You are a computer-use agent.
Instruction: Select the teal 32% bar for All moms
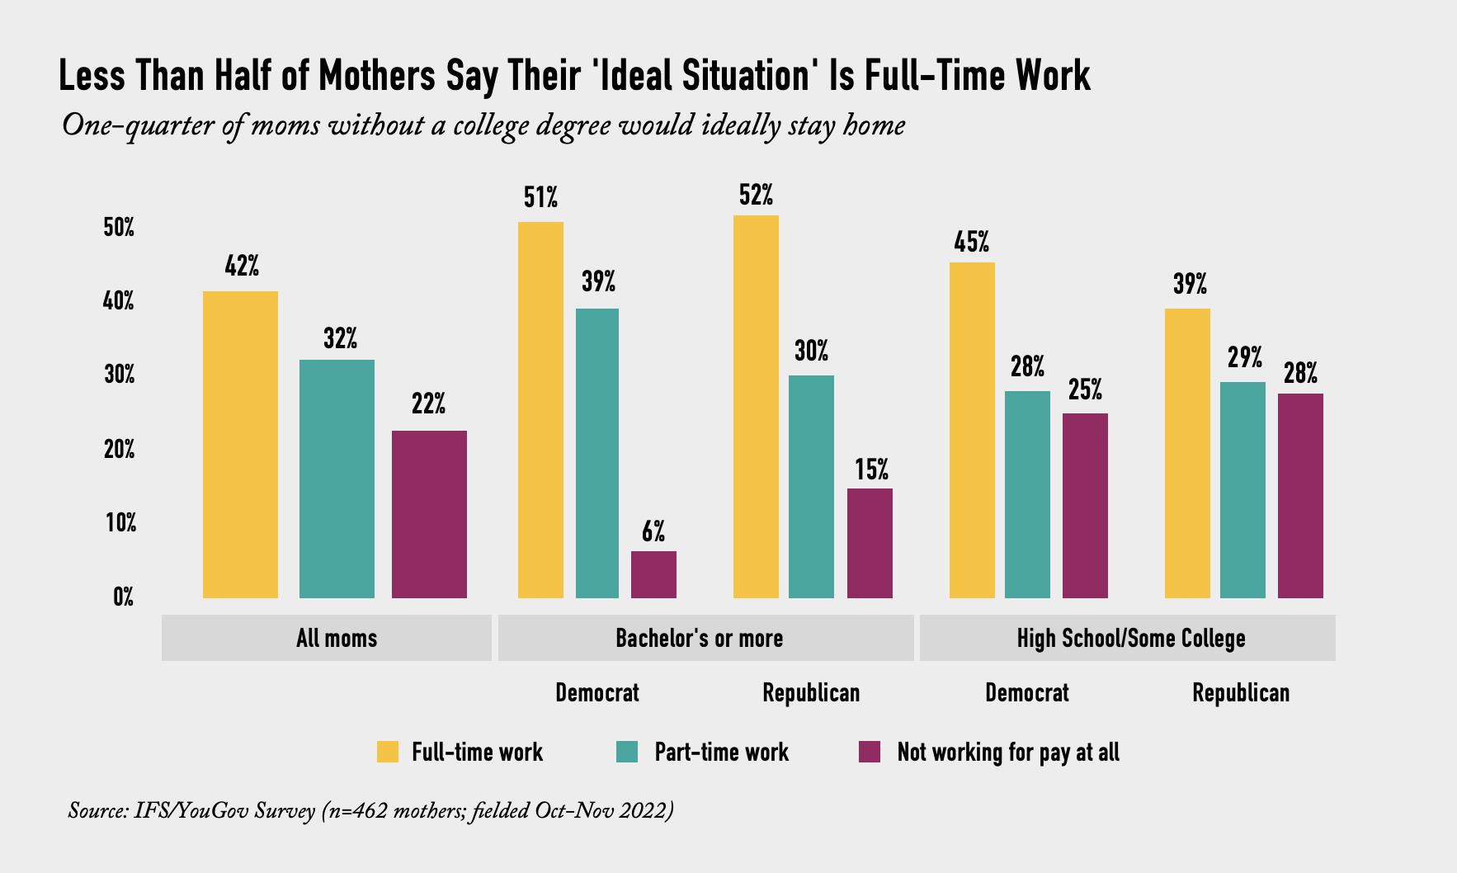(x=337, y=479)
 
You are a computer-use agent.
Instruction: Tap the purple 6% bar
(x=653, y=574)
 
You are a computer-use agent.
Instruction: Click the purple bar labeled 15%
(x=870, y=543)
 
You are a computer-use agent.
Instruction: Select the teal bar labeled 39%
(x=597, y=453)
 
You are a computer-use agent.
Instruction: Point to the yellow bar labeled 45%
(x=972, y=430)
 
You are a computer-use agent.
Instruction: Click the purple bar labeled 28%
(x=1300, y=495)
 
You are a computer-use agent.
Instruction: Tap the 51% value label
(x=540, y=198)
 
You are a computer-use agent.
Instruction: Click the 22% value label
(x=429, y=404)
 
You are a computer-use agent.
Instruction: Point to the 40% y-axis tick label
(x=119, y=301)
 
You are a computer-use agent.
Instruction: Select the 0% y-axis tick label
(x=124, y=597)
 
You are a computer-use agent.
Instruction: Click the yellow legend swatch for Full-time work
(x=387, y=752)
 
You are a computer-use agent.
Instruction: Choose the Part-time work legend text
(x=721, y=753)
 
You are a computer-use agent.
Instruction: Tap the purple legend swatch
(x=870, y=752)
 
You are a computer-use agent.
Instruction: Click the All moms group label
(x=337, y=638)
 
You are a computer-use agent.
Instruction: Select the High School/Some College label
(x=1130, y=638)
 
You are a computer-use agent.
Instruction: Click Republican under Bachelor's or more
(x=811, y=692)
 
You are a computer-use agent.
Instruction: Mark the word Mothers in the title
(x=377, y=76)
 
